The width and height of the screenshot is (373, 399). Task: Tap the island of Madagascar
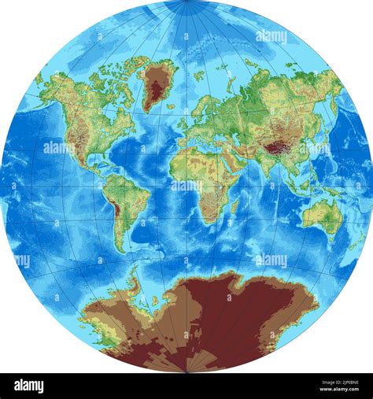[235, 206]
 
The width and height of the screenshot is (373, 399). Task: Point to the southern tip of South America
[122, 249]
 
